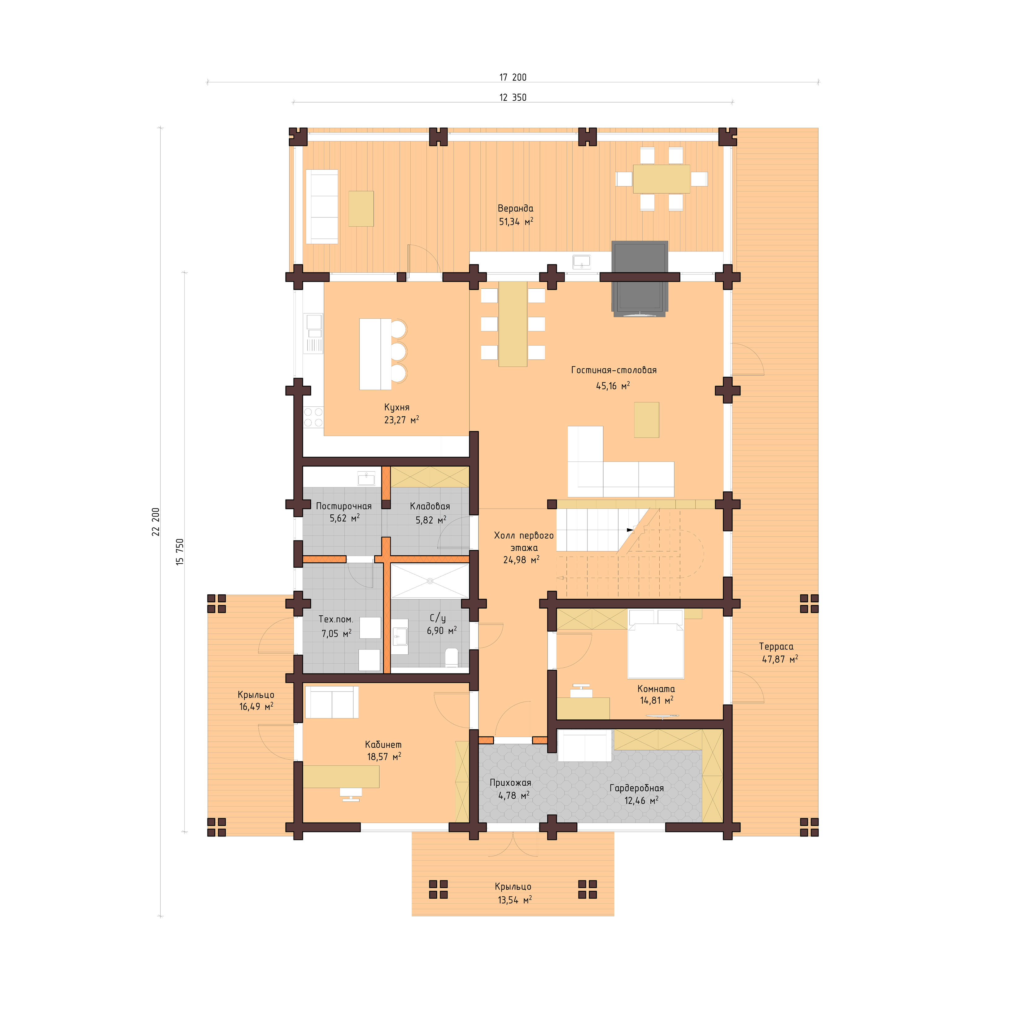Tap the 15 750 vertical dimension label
tap(180, 552)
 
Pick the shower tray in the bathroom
tap(430, 581)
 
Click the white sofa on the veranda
tap(322, 206)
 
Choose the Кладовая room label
tap(430, 506)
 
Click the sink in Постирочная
tap(366, 479)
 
